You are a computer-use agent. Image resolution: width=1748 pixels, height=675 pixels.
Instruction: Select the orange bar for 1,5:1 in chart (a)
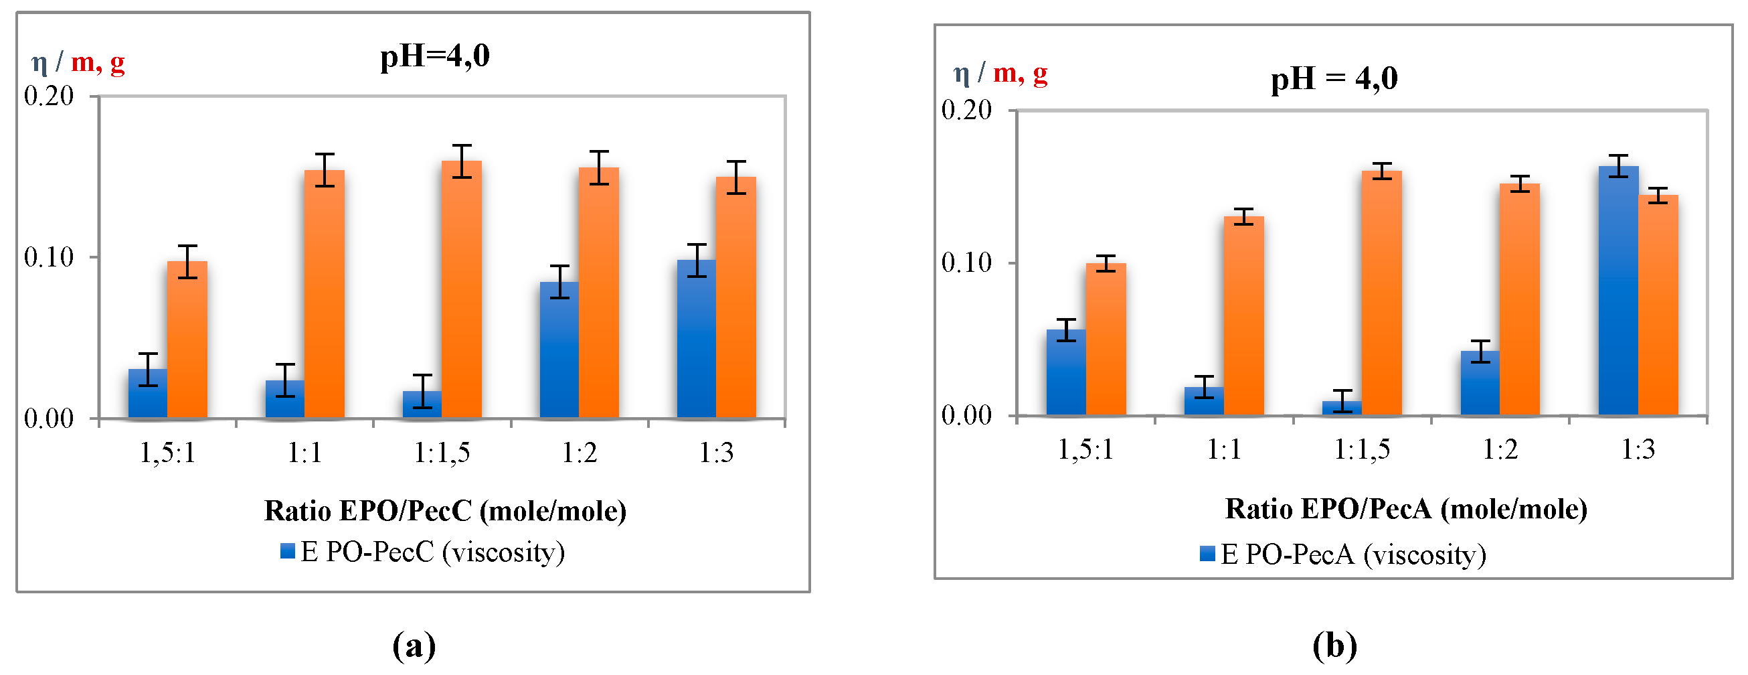[x=187, y=340]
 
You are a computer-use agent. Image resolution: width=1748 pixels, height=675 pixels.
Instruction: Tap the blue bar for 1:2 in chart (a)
[x=559, y=350]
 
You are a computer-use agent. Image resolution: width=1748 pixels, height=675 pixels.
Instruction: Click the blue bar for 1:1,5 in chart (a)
[x=422, y=404]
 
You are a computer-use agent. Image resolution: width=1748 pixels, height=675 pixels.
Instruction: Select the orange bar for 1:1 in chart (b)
[x=1244, y=316]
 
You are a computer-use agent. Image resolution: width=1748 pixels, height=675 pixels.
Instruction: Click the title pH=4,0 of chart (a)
[x=434, y=56]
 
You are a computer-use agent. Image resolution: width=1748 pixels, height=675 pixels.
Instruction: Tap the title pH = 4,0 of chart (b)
[x=1334, y=79]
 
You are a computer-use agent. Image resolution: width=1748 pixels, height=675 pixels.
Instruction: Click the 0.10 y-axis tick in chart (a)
[x=49, y=257]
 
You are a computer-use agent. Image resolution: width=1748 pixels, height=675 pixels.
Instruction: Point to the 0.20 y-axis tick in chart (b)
[x=966, y=110]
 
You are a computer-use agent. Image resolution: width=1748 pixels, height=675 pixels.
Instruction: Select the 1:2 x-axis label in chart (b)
[x=1500, y=449]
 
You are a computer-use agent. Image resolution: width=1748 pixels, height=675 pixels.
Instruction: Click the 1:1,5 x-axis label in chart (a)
[x=442, y=452]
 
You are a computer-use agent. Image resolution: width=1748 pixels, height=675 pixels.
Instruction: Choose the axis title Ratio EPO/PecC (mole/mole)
[x=445, y=511]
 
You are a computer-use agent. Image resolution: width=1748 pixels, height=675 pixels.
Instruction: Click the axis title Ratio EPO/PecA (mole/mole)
[x=1406, y=509]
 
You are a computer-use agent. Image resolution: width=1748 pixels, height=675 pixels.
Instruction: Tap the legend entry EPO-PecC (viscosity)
[x=432, y=552]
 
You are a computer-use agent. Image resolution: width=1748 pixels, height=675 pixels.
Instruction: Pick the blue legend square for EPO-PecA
[x=1207, y=554]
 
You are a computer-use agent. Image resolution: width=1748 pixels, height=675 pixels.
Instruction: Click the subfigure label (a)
[x=414, y=645]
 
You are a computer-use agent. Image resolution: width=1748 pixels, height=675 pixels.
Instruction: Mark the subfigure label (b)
[x=1334, y=645]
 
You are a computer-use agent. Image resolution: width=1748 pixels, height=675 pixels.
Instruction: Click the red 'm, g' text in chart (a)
[x=98, y=62]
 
